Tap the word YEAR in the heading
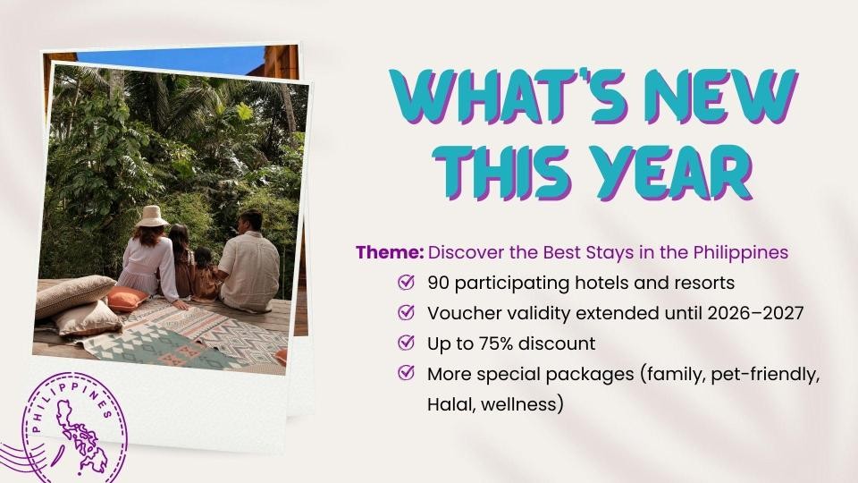[x=674, y=173]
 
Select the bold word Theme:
[x=390, y=252]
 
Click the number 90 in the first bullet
[x=438, y=284]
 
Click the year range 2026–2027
[x=755, y=313]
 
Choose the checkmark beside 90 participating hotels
[x=406, y=282]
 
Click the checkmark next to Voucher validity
[x=406, y=312]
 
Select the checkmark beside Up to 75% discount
[x=406, y=343]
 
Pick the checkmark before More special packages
[x=406, y=372]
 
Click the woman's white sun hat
[x=152, y=216]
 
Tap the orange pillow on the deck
[x=127, y=299]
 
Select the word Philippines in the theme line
[x=741, y=253]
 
